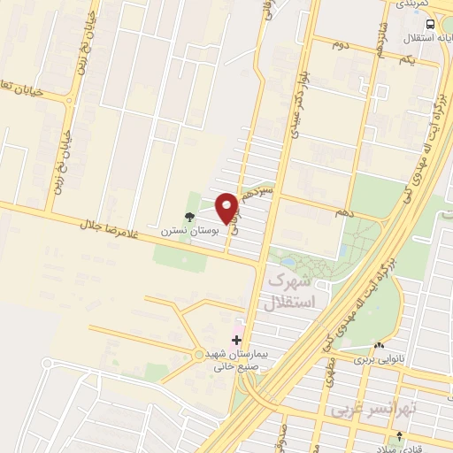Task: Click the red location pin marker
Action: [226, 208]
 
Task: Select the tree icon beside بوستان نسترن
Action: [188, 216]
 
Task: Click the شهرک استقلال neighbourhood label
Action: [290, 292]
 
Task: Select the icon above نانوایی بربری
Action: [379, 346]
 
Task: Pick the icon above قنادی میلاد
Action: [400, 435]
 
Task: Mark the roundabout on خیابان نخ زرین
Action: [70, 100]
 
